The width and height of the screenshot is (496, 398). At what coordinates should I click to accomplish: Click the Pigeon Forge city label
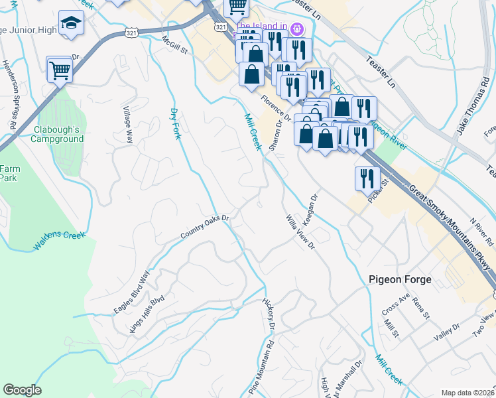point(400,280)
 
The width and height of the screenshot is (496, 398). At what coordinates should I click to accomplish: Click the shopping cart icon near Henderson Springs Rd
point(60,69)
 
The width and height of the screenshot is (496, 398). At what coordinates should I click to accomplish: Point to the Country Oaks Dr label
point(205,227)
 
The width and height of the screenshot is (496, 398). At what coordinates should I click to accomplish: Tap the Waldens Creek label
point(60,241)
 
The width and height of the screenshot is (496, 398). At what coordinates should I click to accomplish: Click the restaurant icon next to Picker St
point(365,178)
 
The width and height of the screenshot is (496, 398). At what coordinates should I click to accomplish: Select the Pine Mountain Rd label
point(261,369)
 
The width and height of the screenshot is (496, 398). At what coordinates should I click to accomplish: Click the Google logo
point(22,390)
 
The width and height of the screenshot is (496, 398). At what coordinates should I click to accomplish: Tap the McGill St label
point(176,45)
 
